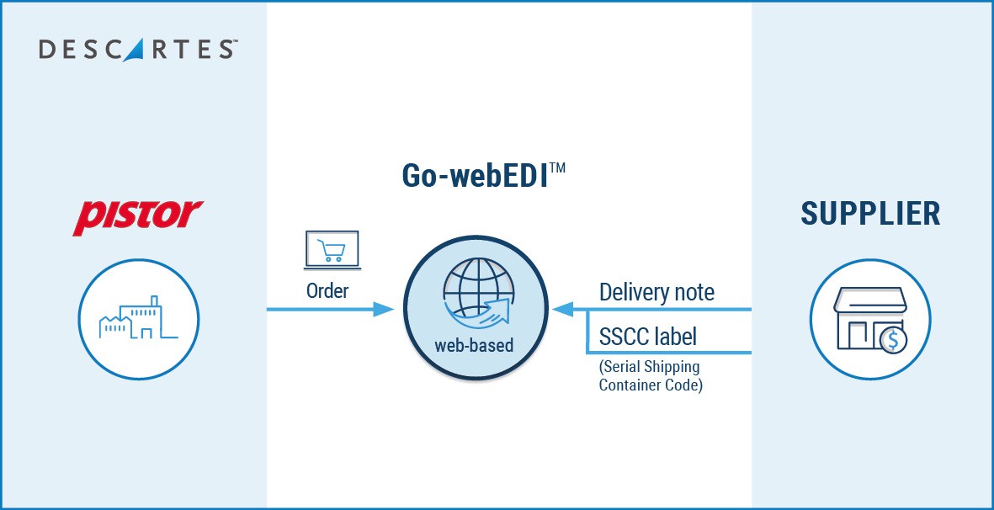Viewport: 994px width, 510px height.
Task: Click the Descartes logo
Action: click(137, 50)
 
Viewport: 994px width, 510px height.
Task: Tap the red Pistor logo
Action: click(138, 216)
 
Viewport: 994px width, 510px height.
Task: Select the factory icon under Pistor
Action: click(139, 319)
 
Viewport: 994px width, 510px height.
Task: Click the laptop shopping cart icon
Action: click(331, 250)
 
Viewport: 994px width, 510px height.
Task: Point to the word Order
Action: click(327, 290)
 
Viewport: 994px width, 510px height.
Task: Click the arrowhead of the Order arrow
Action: click(384, 310)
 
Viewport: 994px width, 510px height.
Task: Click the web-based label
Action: click(474, 345)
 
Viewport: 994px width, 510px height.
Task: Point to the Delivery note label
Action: click(656, 292)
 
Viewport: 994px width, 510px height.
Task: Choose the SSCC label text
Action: click(648, 337)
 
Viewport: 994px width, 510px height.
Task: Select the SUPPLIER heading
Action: click(870, 214)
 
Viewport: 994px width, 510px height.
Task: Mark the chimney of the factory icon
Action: click(153, 301)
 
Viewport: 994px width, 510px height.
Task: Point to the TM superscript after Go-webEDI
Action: click(556, 169)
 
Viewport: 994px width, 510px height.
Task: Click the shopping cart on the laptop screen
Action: click(331, 247)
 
